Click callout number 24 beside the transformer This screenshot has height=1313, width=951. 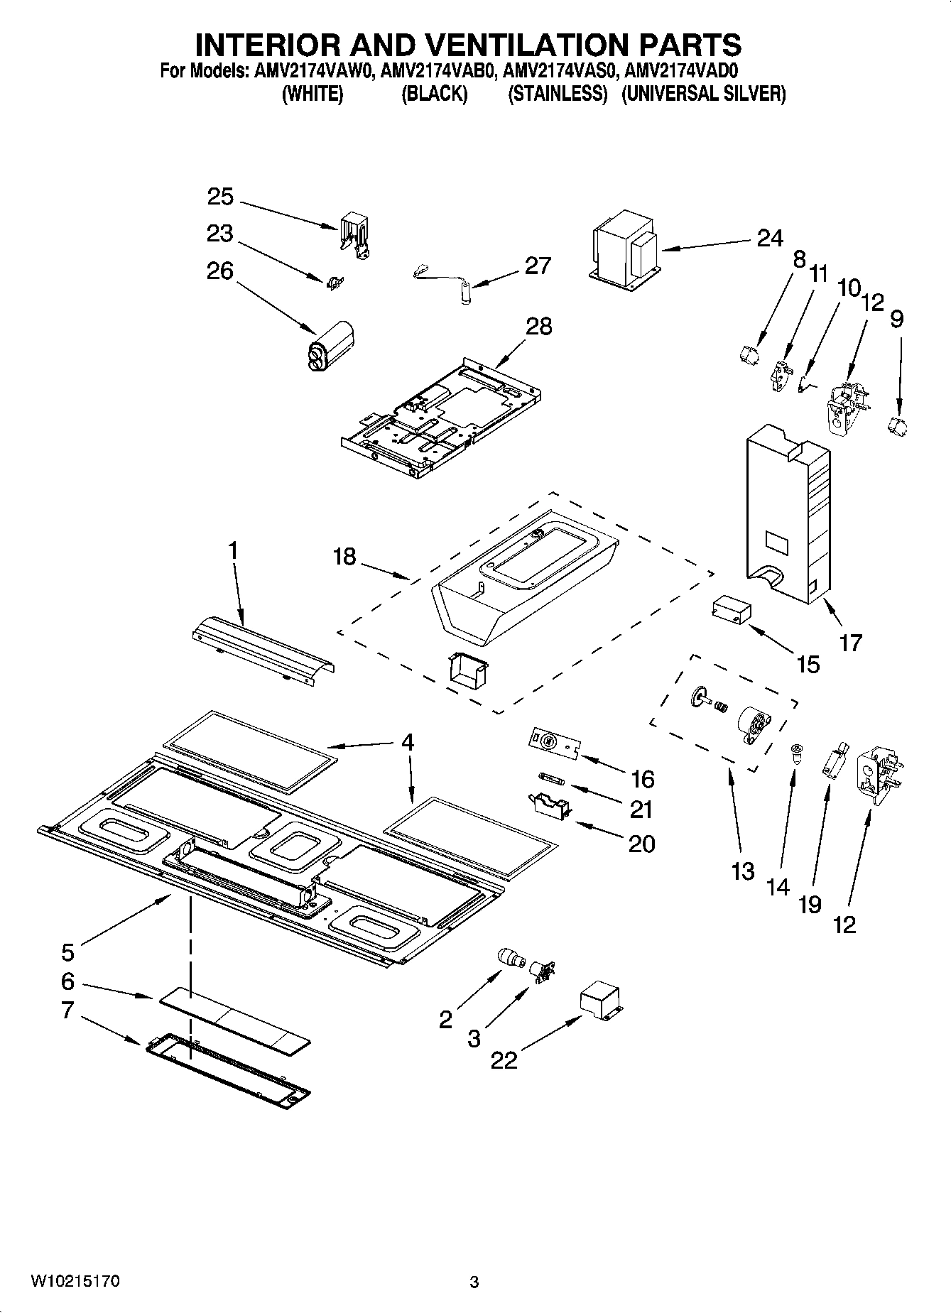(x=769, y=238)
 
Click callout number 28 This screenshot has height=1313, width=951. (x=538, y=326)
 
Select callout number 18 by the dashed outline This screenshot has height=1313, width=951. (x=344, y=556)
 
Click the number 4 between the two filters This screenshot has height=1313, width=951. (x=407, y=742)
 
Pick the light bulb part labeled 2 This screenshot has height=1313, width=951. (x=509, y=958)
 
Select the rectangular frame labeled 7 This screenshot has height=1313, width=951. (x=229, y=1072)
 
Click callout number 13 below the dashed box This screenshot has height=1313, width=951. (x=742, y=871)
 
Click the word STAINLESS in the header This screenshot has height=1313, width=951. (x=558, y=94)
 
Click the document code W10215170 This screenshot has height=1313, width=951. (x=75, y=1282)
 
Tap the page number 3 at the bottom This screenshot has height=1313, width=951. (x=474, y=1282)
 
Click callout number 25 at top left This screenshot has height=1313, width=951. (x=220, y=197)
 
